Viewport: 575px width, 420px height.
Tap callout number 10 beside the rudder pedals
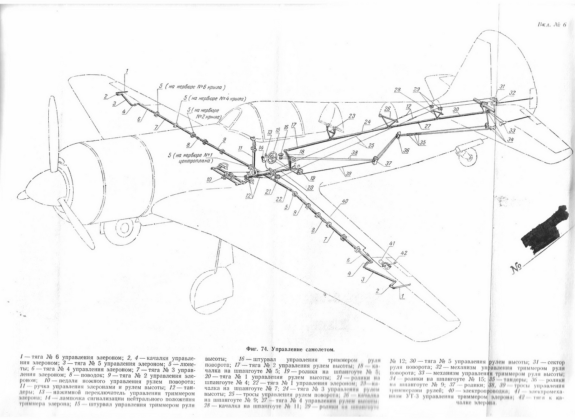click(209, 179)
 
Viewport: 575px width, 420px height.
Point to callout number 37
click(389, 163)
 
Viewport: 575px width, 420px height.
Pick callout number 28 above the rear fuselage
click(398, 90)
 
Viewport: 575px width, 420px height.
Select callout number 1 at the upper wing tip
click(127, 71)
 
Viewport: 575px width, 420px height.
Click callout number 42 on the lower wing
click(404, 253)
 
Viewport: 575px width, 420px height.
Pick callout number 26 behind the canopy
click(387, 109)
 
